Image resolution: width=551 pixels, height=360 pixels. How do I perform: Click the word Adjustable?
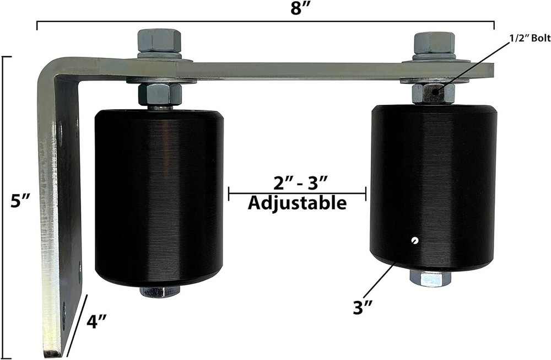297,203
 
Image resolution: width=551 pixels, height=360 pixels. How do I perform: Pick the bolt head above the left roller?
159,40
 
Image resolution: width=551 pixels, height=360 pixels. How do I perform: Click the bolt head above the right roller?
434,42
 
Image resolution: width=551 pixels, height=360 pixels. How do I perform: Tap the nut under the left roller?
160,291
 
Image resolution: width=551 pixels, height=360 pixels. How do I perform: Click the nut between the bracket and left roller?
160,94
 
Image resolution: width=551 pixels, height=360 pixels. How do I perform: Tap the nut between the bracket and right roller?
434,93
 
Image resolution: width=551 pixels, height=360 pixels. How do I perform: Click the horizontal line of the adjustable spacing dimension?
297,193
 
